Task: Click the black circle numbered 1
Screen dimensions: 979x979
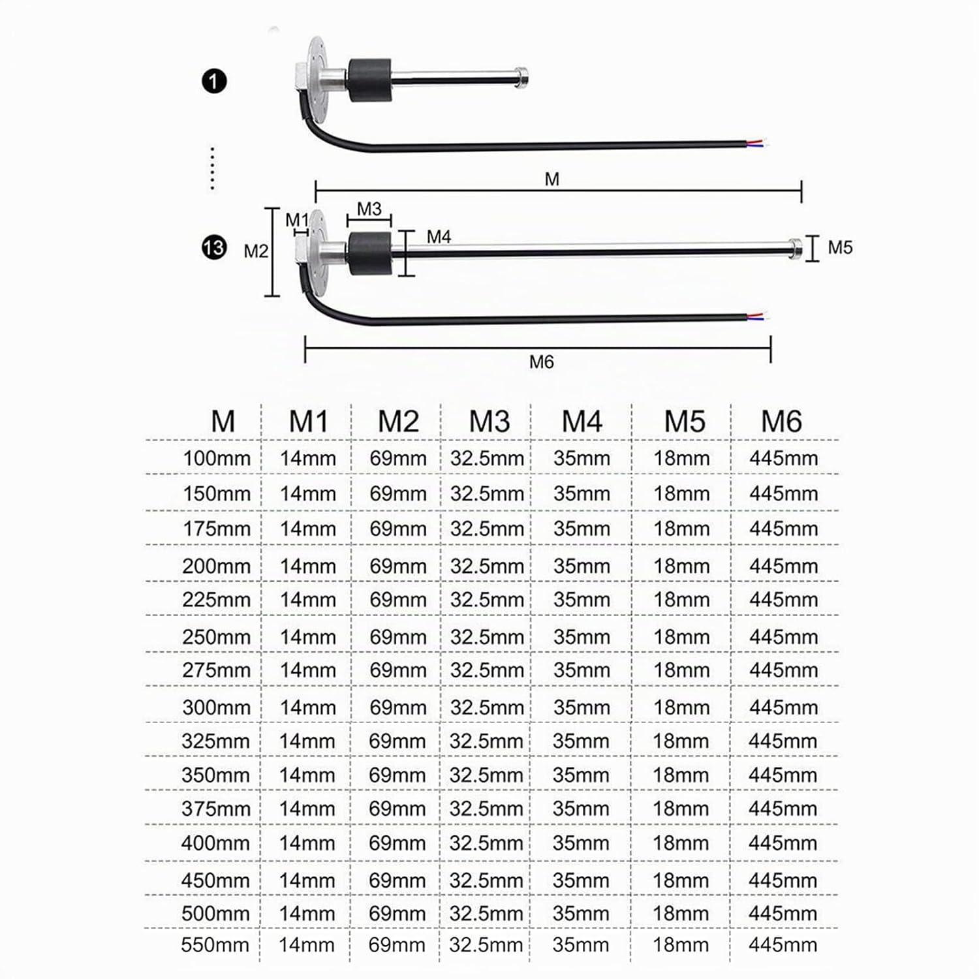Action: pos(214,82)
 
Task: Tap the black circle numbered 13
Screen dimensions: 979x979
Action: pos(214,249)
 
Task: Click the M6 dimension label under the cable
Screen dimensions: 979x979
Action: pos(541,362)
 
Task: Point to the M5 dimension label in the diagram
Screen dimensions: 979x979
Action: pos(840,247)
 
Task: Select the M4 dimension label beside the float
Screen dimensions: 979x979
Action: pos(439,237)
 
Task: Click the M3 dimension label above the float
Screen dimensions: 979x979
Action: pos(369,209)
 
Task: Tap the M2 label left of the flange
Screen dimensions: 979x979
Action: pos(256,251)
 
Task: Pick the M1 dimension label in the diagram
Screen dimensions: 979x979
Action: pos(297,220)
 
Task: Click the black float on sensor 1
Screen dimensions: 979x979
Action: pos(369,80)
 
